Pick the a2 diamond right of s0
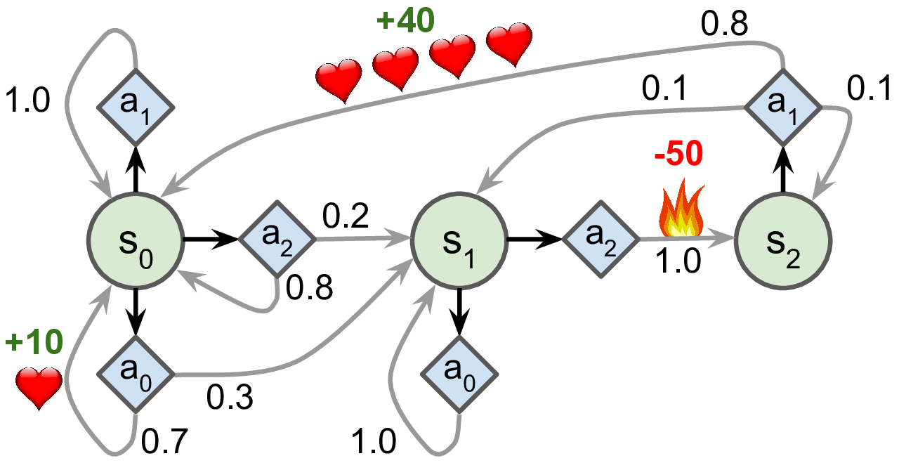pos(277,240)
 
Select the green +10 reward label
pos(34,344)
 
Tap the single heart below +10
pos(39,387)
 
